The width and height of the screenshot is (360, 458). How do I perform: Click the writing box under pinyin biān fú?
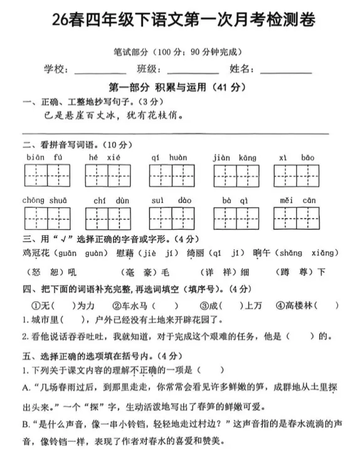[x=48, y=175]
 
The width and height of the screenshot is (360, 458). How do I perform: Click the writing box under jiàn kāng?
[x=235, y=175]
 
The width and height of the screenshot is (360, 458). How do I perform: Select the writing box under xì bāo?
[x=297, y=175]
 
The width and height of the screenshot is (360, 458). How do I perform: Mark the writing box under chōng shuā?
[x=48, y=218]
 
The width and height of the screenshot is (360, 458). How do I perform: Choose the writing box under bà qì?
[x=235, y=218]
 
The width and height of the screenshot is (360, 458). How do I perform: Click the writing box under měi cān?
[x=297, y=218]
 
